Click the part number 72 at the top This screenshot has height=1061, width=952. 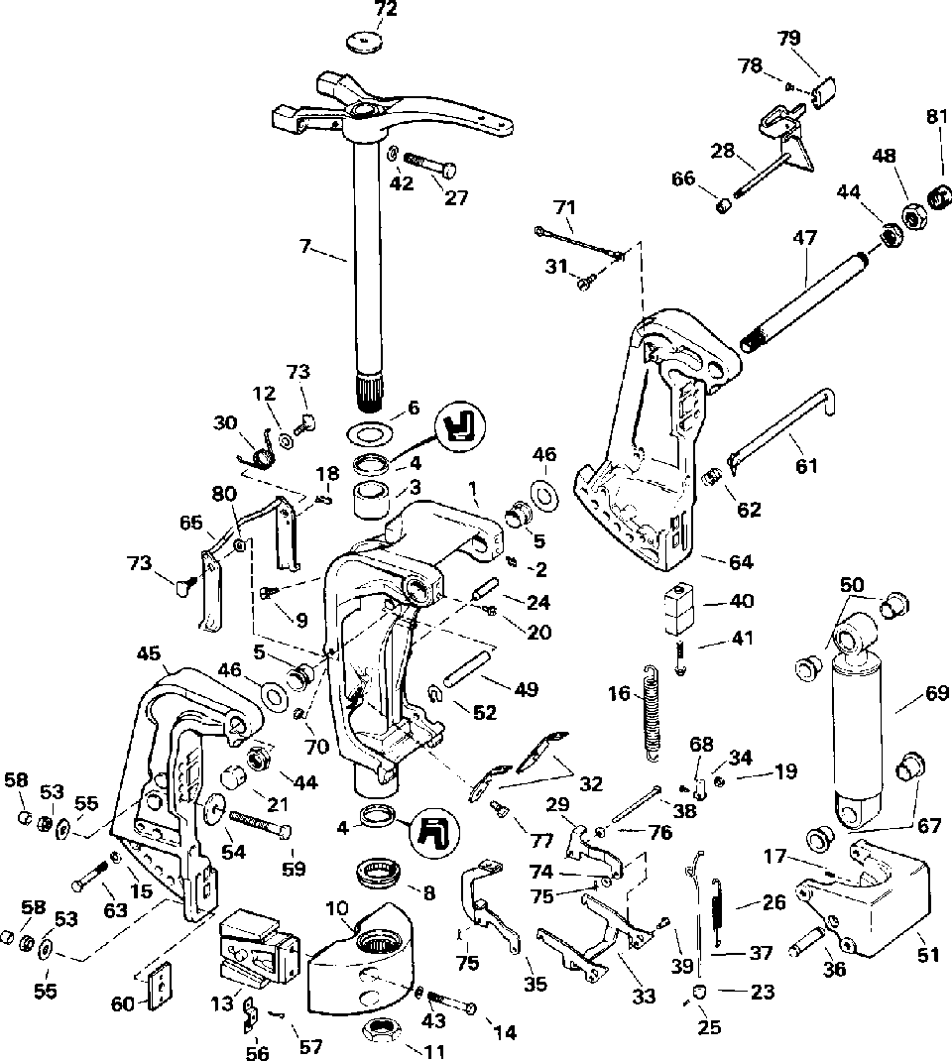point(387,10)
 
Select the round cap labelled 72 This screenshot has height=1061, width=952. point(365,43)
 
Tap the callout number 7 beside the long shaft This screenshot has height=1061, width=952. point(305,247)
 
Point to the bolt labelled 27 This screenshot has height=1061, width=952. point(430,165)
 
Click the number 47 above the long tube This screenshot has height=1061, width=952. point(804,238)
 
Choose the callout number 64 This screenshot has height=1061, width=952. point(741,561)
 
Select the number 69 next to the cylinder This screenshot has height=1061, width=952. point(936,693)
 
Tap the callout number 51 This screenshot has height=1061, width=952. point(927,955)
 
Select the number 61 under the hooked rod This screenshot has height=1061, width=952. point(806,465)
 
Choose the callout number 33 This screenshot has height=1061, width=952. point(644,996)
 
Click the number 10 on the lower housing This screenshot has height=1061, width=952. point(336,908)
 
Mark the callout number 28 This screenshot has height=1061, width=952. point(723,150)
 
